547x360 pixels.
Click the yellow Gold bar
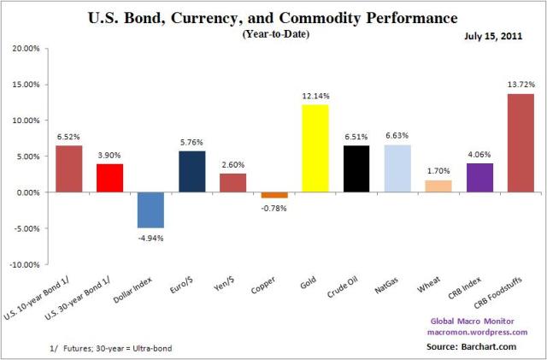[x=315, y=149]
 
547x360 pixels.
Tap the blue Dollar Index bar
[x=150, y=210]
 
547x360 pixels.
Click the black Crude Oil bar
[x=356, y=168]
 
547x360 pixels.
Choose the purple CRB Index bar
[x=479, y=177]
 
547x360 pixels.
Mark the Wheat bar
[x=438, y=186]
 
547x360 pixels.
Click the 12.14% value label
[x=315, y=97]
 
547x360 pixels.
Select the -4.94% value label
[x=150, y=236]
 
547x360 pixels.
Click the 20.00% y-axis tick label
[x=26, y=49]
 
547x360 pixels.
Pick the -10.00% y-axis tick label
[x=26, y=264]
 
